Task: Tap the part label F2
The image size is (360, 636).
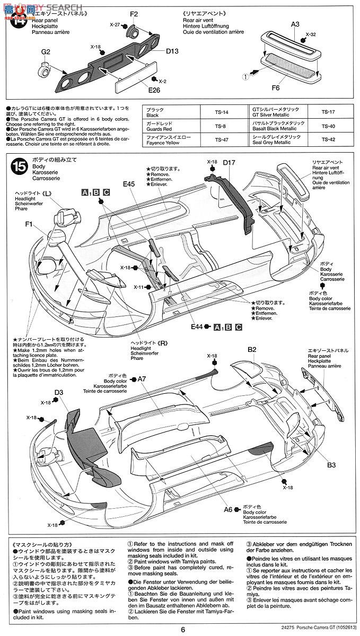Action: coord(134,13)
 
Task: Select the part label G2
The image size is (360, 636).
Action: coord(46,52)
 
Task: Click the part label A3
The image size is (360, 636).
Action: coord(295,23)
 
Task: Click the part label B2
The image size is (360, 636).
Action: coord(251,350)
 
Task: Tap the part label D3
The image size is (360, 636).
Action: coord(58,393)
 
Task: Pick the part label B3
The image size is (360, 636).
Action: coord(331,465)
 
